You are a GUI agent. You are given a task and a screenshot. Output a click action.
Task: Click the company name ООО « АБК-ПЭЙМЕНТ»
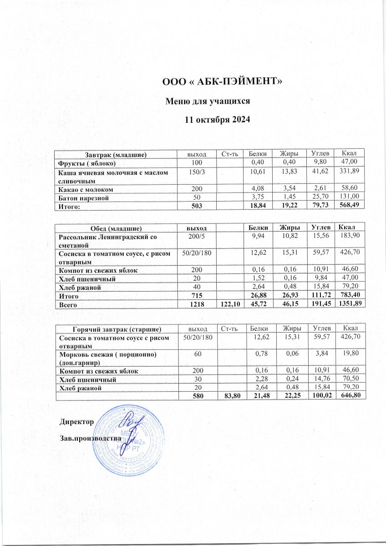(223, 82)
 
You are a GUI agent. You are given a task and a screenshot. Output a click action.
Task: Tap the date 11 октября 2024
(217, 120)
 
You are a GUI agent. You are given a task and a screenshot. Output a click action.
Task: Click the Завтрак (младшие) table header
(116, 155)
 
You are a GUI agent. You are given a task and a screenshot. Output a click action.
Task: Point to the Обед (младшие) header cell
(116, 227)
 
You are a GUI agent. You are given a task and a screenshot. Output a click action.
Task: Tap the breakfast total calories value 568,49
(350, 206)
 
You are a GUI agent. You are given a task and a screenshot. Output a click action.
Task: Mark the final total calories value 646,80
(350, 395)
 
